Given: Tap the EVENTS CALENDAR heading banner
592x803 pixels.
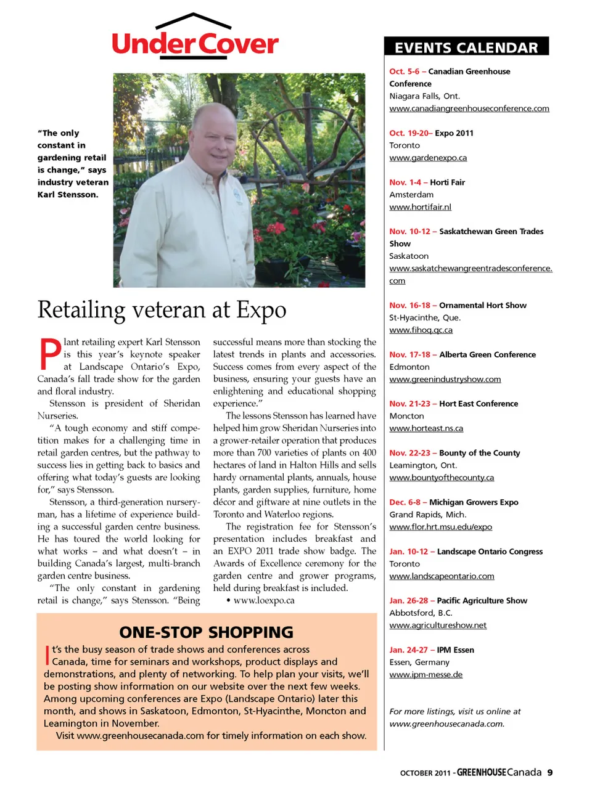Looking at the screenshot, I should [466, 47].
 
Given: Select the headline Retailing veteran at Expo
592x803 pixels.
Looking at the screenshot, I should [162, 309].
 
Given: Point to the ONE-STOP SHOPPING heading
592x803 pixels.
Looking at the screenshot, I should [206, 632].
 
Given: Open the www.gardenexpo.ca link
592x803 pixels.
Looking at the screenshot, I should [428, 158].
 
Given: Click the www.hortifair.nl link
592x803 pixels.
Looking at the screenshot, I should [420, 207].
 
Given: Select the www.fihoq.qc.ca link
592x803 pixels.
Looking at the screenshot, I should [421, 330].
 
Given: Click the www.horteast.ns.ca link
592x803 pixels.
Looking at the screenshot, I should [426, 428].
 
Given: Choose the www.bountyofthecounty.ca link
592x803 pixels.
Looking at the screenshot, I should [442, 478].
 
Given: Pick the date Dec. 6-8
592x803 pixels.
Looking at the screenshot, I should [404, 502].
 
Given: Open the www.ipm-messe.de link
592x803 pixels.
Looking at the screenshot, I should [425, 675].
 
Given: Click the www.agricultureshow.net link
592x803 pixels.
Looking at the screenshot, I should [438, 626].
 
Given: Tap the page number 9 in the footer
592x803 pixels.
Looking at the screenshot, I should [549, 772].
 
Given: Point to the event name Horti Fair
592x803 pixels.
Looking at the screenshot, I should [447, 182].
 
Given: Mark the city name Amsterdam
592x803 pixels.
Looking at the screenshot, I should [411, 195].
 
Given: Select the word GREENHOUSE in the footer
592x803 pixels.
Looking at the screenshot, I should [482, 772].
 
